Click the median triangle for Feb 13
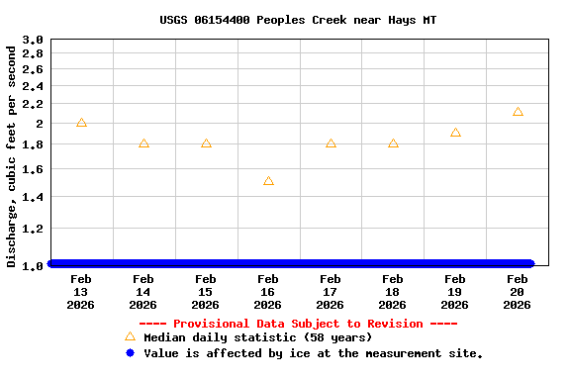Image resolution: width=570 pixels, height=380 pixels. click(x=81, y=123)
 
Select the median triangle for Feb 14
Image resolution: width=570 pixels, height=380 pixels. click(x=143, y=143)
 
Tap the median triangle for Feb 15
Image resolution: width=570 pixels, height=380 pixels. click(x=206, y=143)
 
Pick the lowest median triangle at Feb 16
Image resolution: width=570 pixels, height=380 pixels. click(x=268, y=181)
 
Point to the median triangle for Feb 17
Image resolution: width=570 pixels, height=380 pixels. click(x=331, y=143)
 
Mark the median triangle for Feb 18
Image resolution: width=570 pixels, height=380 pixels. click(x=393, y=143)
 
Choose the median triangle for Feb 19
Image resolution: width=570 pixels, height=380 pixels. click(x=455, y=133)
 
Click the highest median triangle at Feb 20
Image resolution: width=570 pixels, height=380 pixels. click(x=518, y=112)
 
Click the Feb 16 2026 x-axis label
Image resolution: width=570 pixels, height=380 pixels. click(x=267, y=292)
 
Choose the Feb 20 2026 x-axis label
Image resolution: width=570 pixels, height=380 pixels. click(x=517, y=292)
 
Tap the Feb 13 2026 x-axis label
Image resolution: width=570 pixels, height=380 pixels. click(x=80, y=292)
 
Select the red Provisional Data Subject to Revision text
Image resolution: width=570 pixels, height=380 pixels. click(x=298, y=324)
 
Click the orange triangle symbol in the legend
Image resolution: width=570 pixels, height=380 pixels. click(x=130, y=336)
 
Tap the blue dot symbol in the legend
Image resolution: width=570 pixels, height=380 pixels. click(x=130, y=353)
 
